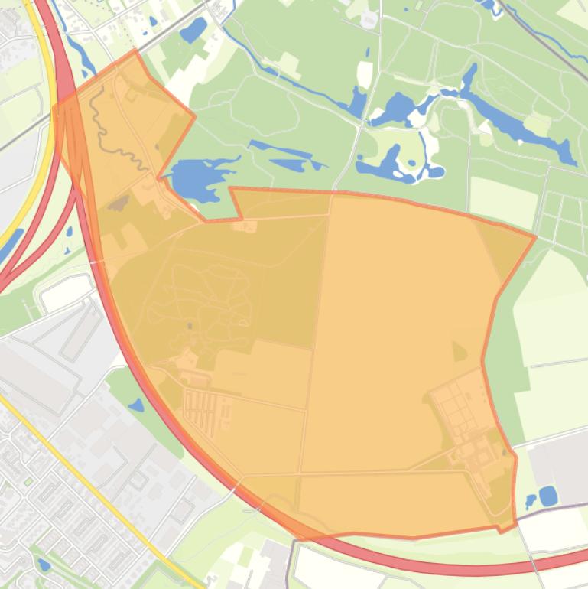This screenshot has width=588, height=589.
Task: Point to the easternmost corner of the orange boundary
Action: (534, 237)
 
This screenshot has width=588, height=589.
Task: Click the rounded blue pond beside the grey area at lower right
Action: (548, 496)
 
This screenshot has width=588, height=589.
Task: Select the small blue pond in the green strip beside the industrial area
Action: (136, 405)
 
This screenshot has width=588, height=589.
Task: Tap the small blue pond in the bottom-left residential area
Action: (44, 565)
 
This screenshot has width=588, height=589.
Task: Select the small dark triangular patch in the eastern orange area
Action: (459, 351)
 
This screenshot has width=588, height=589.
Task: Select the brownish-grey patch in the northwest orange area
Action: (118, 203)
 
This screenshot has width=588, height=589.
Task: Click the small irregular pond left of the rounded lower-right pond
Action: (531, 502)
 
